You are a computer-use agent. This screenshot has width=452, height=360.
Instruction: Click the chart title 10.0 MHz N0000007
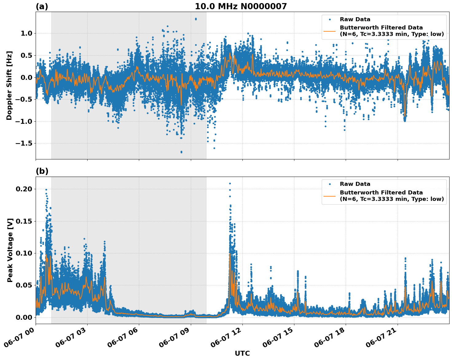tap(241, 6)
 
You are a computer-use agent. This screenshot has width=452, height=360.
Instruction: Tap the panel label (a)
tap(42, 6)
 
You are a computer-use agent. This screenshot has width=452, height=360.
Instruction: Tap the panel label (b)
tap(42, 171)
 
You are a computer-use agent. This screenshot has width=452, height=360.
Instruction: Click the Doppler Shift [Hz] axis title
tap(9, 85)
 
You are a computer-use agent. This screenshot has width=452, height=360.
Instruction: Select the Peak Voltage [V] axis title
tap(10, 250)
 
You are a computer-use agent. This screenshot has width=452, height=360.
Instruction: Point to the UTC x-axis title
tap(242, 353)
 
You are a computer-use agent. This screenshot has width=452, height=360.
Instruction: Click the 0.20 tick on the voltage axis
tap(24, 189)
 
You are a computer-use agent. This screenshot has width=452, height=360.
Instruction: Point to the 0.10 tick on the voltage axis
tap(24, 253)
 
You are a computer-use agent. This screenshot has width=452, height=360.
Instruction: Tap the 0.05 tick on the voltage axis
tap(24, 285)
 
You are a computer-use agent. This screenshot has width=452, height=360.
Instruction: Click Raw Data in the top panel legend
tap(355, 19)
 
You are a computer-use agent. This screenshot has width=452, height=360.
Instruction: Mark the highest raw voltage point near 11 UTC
tap(230, 183)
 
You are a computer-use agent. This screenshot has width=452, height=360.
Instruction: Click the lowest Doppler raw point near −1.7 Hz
tap(181, 152)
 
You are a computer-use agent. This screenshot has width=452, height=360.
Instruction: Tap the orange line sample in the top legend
tap(330, 31)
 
